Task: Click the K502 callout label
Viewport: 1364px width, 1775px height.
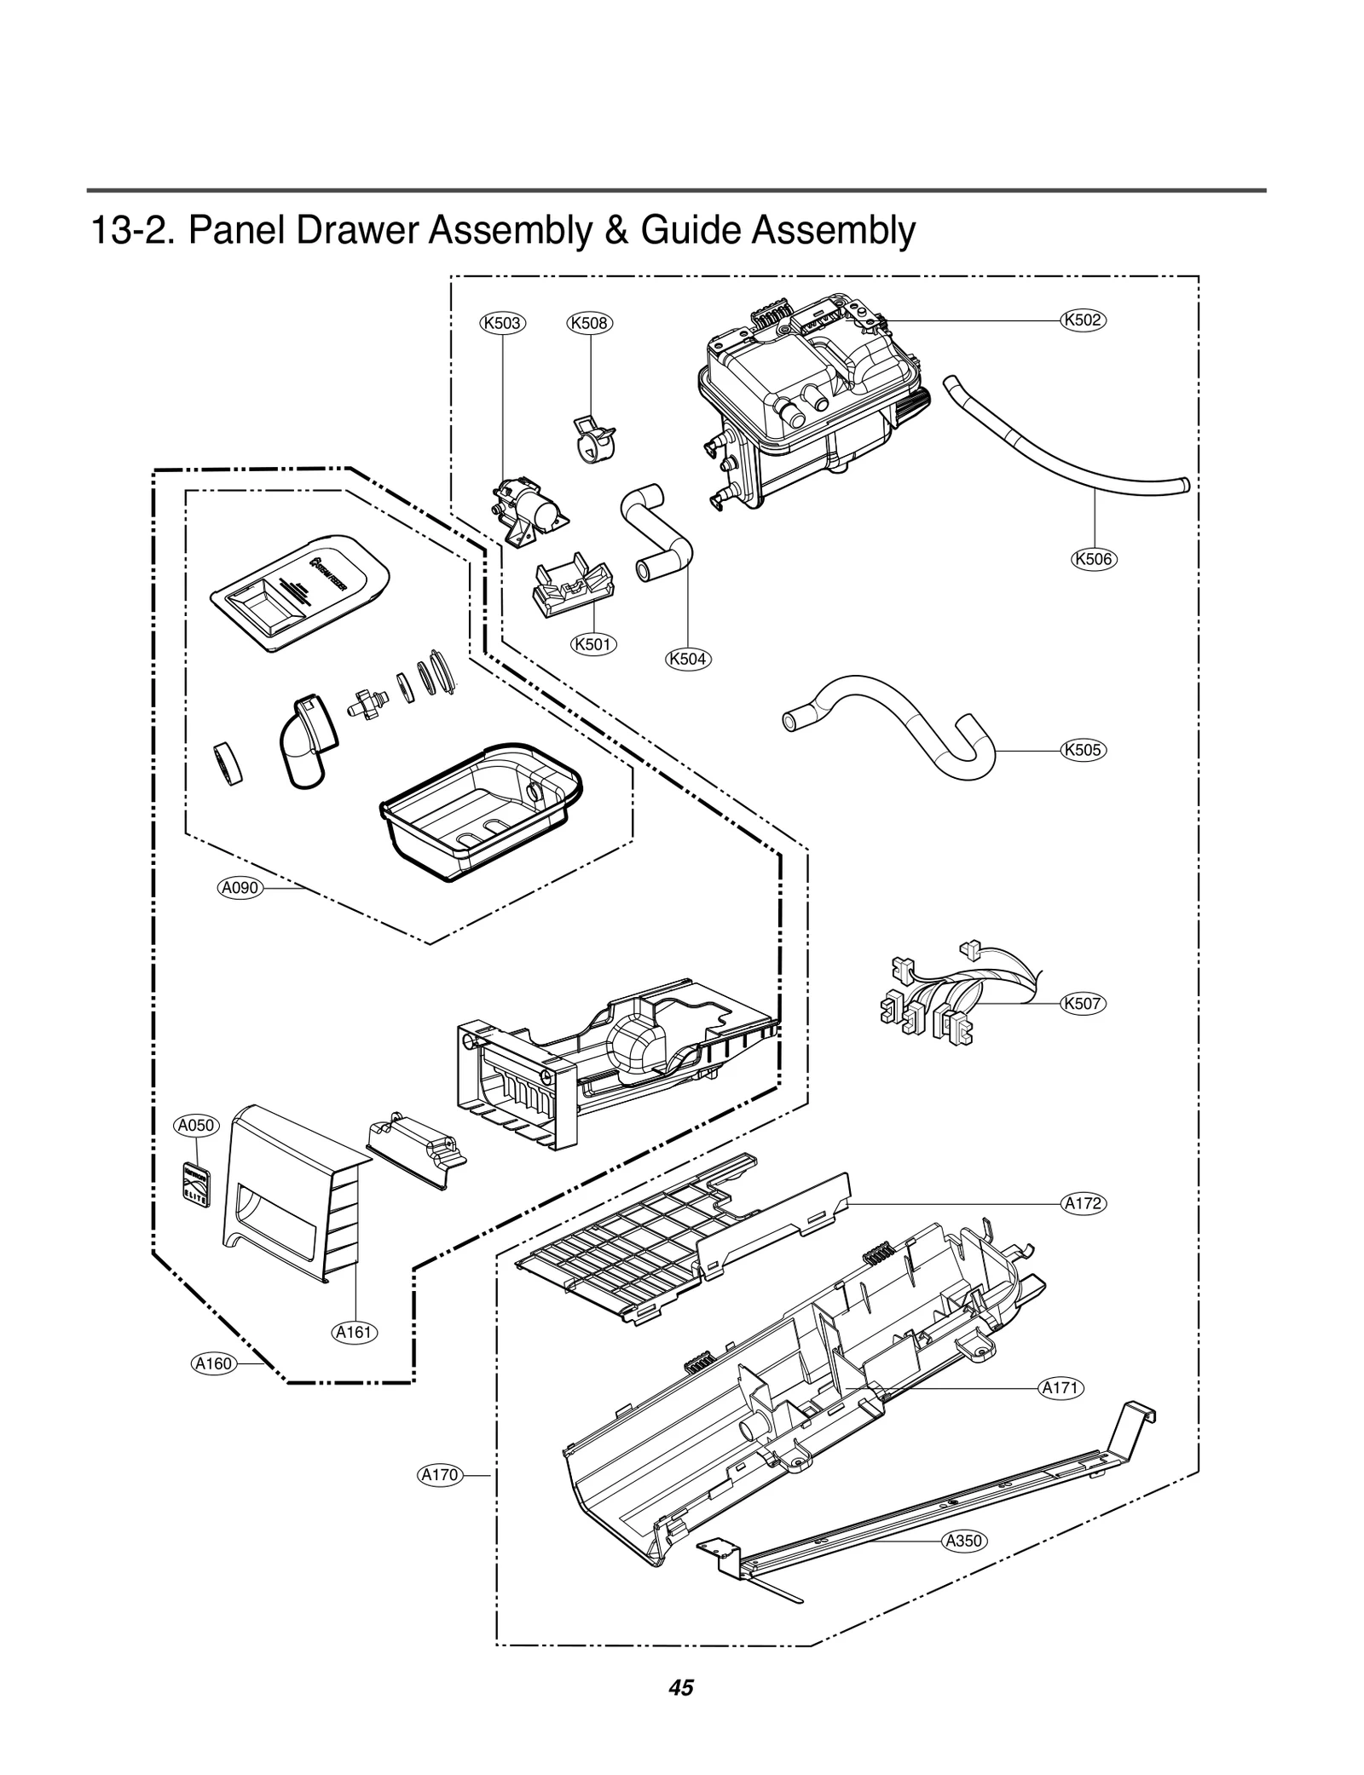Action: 1083,320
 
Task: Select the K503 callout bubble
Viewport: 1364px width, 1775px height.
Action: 501,323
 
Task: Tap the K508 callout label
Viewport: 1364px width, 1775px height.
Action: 590,323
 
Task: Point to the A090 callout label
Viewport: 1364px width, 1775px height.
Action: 240,888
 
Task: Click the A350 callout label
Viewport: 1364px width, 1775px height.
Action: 964,1541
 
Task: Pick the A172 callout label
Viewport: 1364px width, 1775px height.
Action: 1084,1203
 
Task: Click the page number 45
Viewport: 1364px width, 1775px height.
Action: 681,1687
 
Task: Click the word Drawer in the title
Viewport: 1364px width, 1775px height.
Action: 353,230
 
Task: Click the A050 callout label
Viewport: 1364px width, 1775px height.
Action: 197,1125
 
